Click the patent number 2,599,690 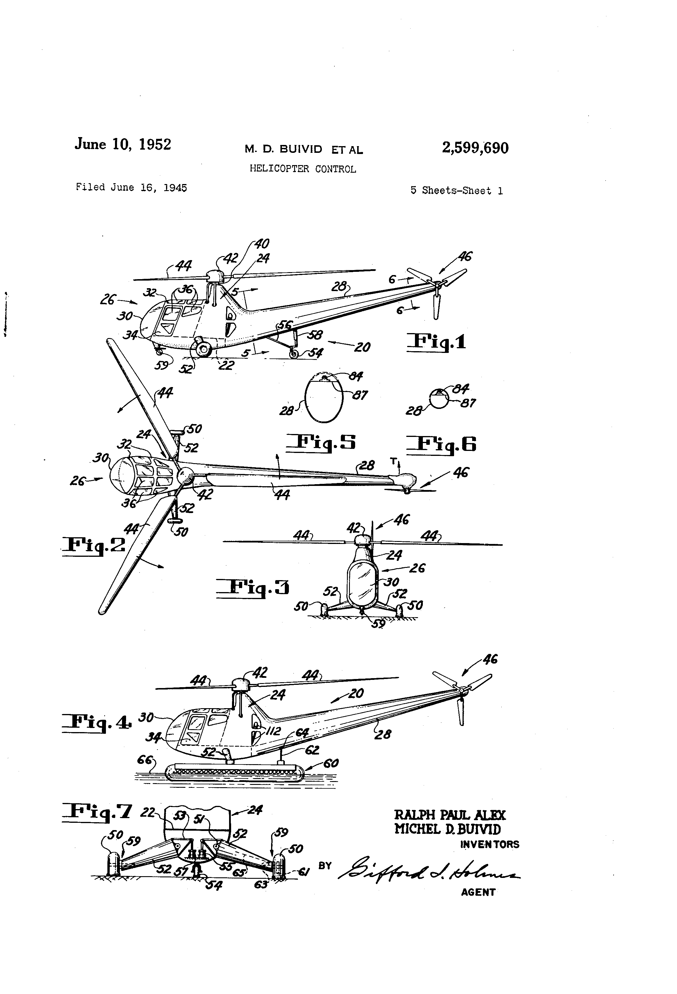[475, 148]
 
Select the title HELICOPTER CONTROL [303, 169]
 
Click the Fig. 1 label [436, 342]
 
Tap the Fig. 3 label [252, 587]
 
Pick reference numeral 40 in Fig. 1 [261, 244]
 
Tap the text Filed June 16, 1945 [131, 187]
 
